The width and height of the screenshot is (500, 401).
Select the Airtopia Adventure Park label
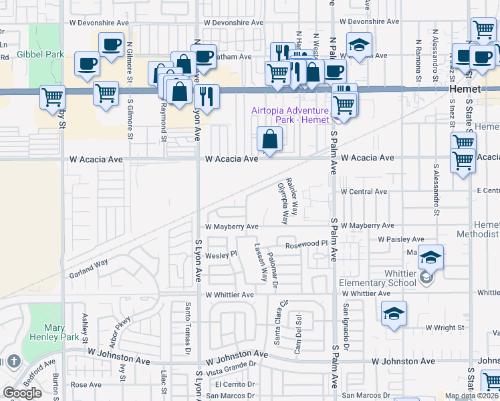click(x=290, y=115)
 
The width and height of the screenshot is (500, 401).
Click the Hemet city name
click(x=465, y=89)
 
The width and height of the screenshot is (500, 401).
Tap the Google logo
click(x=22, y=393)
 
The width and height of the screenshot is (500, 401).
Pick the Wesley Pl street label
click(x=221, y=254)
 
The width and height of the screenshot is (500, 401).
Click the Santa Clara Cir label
click(x=281, y=322)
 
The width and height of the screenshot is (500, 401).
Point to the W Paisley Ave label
click(x=401, y=239)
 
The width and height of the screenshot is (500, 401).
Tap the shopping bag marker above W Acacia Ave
click(x=269, y=140)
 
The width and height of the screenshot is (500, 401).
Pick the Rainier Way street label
click(x=291, y=190)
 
